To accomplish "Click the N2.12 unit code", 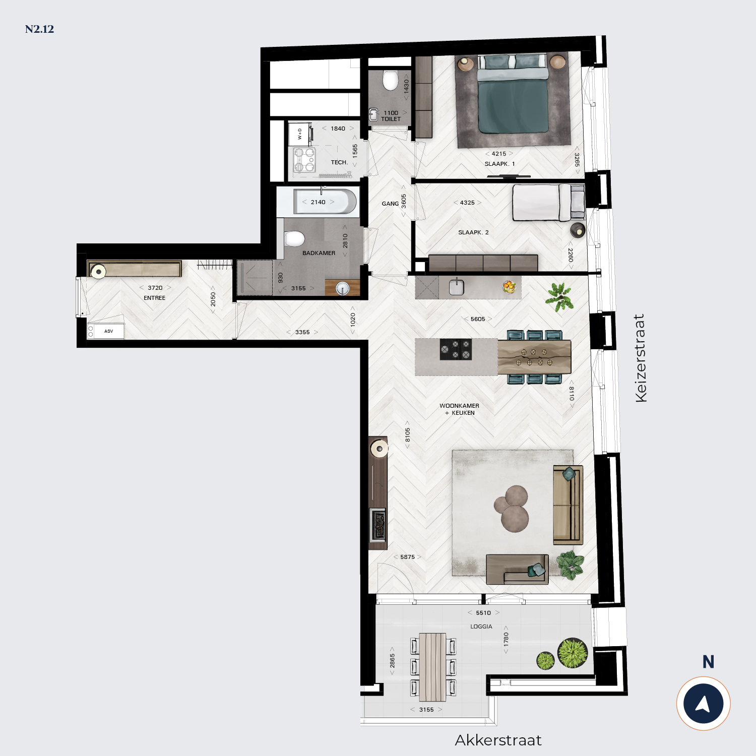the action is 39,29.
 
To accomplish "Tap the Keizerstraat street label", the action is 641,358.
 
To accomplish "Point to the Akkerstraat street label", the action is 498,740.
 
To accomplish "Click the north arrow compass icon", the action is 703,704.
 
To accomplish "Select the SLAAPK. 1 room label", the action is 499,164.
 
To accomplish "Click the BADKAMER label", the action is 319,253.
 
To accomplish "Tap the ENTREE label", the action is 154,298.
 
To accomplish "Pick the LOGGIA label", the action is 481,626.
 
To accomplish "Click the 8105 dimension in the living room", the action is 407,435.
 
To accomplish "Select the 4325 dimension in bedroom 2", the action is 467,203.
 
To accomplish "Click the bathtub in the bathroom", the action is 325,202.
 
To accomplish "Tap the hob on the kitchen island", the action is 456,349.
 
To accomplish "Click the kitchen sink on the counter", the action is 456,287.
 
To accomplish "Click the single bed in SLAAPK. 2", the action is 548,203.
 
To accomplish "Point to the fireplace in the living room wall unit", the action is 379,525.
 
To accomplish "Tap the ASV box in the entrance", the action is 106,331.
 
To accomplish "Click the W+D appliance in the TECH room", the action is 300,134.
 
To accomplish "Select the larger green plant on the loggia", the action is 573,653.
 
